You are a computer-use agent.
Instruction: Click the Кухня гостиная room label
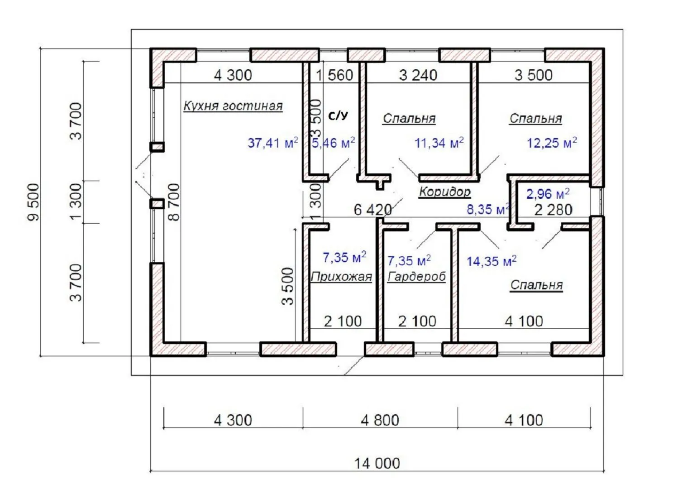click(233, 106)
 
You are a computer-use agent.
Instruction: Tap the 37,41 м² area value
click(272, 144)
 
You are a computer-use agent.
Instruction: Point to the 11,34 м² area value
click(439, 144)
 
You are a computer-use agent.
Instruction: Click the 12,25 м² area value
click(552, 143)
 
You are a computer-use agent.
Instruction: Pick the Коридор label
click(445, 192)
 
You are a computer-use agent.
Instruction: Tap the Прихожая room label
click(341, 277)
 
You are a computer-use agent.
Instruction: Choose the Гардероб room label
click(417, 277)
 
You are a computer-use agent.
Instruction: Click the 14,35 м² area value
click(492, 261)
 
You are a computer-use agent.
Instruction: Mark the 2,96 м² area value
click(548, 194)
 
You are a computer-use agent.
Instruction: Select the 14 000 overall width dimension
click(377, 464)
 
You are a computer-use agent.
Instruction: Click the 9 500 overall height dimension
click(34, 202)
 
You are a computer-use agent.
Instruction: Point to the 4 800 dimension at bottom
click(380, 421)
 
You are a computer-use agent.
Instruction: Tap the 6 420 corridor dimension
click(372, 210)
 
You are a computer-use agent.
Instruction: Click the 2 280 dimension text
click(553, 210)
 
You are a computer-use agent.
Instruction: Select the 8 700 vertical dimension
click(173, 202)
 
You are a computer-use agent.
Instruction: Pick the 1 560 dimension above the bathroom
click(335, 75)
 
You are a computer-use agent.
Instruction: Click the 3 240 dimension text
click(418, 75)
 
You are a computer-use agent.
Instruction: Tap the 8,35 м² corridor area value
click(488, 210)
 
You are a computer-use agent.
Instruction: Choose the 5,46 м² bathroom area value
click(334, 144)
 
